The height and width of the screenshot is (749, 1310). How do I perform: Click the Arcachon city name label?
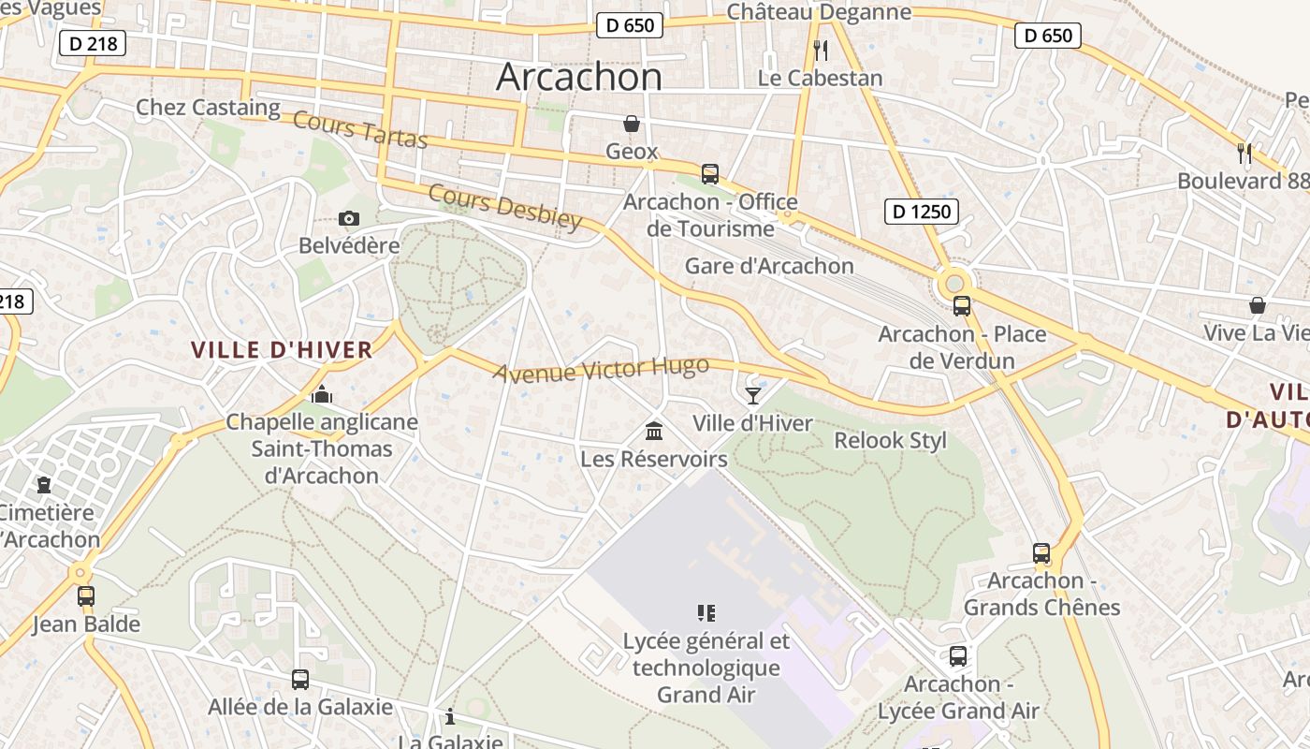(x=579, y=76)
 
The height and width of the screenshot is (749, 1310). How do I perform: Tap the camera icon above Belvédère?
(x=349, y=218)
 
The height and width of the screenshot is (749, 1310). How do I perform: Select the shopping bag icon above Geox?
(x=632, y=124)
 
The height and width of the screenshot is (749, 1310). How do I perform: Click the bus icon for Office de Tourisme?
(x=710, y=173)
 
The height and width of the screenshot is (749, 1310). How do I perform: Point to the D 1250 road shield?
(x=922, y=212)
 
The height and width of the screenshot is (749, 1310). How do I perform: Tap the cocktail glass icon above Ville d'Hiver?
(x=753, y=395)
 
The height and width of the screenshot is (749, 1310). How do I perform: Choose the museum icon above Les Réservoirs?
(x=654, y=431)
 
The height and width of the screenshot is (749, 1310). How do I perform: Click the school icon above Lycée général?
(x=706, y=613)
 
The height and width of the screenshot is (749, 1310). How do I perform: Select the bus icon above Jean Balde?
(x=86, y=595)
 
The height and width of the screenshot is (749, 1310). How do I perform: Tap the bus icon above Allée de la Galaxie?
(x=300, y=679)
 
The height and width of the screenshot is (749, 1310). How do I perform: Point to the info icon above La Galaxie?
(x=450, y=716)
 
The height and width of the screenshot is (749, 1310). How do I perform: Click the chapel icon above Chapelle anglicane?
(x=322, y=394)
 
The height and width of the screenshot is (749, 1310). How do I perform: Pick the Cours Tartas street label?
(x=360, y=129)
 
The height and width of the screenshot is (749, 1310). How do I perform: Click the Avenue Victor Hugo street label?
(x=601, y=370)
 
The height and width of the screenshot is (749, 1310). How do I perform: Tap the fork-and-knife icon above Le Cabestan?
(x=820, y=50)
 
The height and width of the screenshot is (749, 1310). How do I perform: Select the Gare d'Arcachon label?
(x=769, y=266)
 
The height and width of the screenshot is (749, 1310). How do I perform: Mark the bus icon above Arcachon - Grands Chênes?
(x=1041, y=552)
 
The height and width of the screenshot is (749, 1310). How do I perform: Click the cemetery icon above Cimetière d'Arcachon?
(x=44, y=485)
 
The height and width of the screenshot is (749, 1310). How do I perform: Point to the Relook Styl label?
(x=890, y=440)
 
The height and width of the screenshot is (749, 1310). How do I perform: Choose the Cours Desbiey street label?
(x=505, y=206)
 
